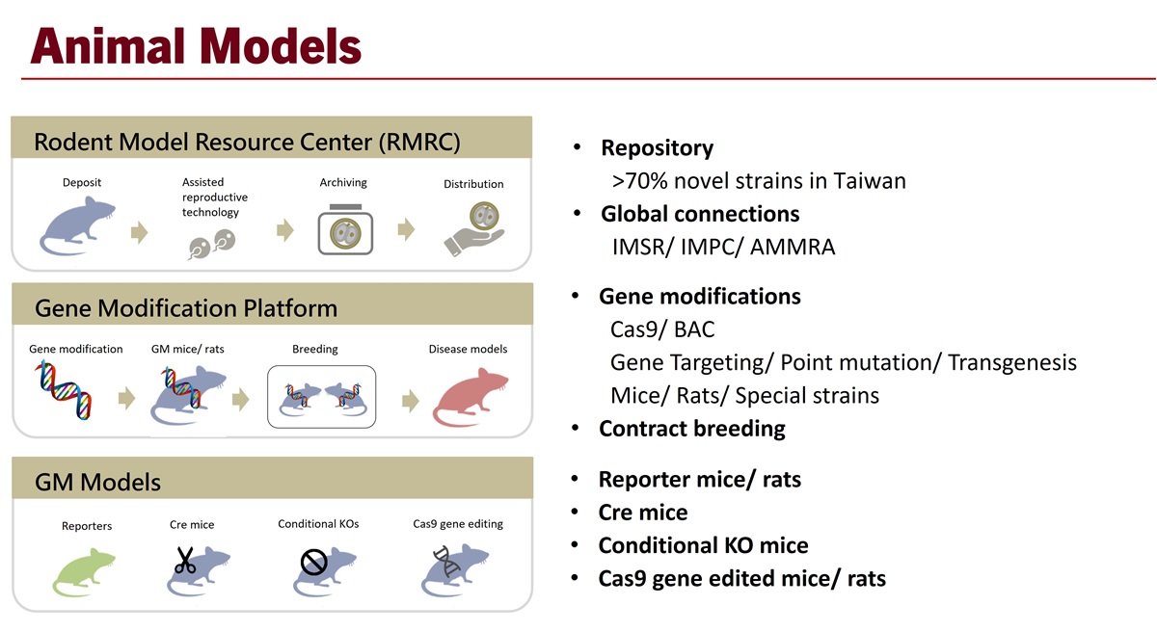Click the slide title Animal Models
click(196, 46)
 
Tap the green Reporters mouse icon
click(84, 572)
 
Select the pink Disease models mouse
click(471, 397)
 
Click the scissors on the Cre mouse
click(184, 561)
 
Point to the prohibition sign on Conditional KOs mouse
click(313, 562)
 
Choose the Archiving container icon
click(345, 229)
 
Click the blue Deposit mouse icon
click(77, 226)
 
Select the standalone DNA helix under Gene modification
click(64, 390)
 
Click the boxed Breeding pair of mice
click(321, 397)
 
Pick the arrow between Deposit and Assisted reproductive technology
click(140, 232)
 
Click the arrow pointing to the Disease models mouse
click(411, 401)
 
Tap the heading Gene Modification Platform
click(186, 308)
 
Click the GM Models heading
click(97, 483)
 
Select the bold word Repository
click(657, 148)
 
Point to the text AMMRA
click(793, 248)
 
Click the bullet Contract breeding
click(692, 429)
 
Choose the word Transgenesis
click(1012, 362)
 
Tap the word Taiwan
click(870, 181)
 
